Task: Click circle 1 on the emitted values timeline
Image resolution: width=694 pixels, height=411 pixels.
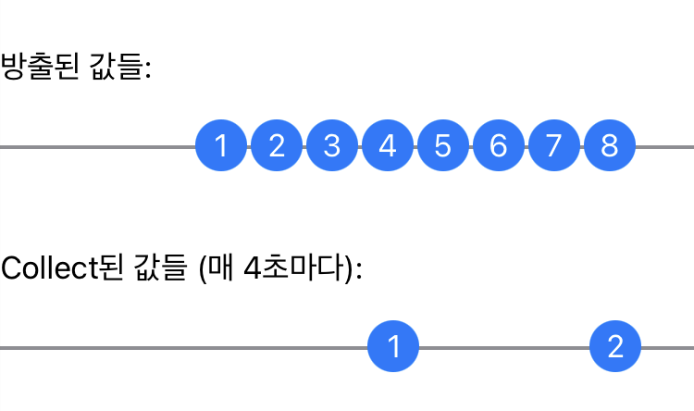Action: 221,146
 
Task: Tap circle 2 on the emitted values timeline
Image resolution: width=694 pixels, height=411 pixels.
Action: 277,146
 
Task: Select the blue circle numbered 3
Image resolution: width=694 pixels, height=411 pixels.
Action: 332,146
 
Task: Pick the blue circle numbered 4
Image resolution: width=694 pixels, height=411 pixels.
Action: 388,146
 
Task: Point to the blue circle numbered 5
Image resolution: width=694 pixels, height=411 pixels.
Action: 442,146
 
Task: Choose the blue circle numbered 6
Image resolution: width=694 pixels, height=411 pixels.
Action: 498,146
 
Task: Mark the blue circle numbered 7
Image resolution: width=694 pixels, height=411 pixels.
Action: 553,146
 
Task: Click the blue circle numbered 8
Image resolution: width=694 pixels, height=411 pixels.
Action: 609,146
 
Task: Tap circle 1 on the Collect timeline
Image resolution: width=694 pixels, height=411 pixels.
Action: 393,347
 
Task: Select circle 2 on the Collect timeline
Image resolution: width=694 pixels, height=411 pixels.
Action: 615,347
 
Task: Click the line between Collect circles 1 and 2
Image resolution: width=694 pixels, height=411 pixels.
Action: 504,348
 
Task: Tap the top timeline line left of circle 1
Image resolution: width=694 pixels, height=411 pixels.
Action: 93,146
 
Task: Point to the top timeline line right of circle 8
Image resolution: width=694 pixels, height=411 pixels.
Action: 664,146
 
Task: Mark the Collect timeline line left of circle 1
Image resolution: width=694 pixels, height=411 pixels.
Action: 185,348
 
